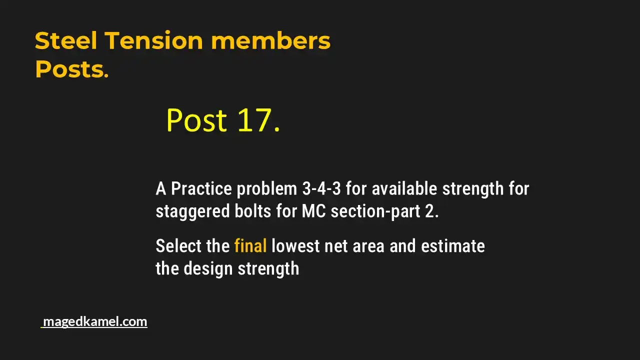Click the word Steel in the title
tap(66, 41)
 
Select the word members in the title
tap(270, 41)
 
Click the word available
tap(398, 189)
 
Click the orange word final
tap(250, 246)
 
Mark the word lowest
tap(295, 246)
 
